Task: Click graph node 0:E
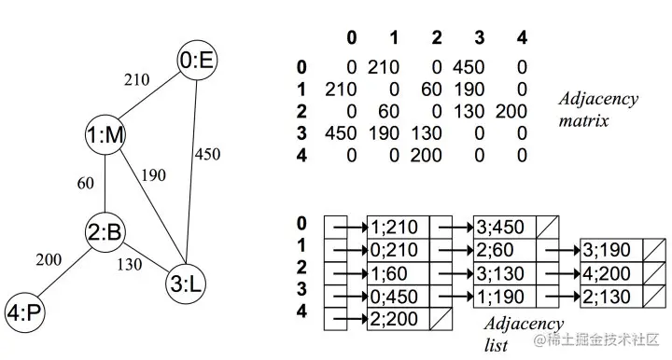pyautogui.click(x=199, y=62)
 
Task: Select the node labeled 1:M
pyautogui.click(x=105, y=136)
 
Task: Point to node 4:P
pyautogui.click(x=24, y=310)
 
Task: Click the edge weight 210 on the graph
pyautogui.click(x=136, y=80)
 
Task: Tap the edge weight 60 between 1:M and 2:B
pyautogui.click(x=85, y=184)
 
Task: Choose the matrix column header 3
pyautogui.click(x=479, y=37)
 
